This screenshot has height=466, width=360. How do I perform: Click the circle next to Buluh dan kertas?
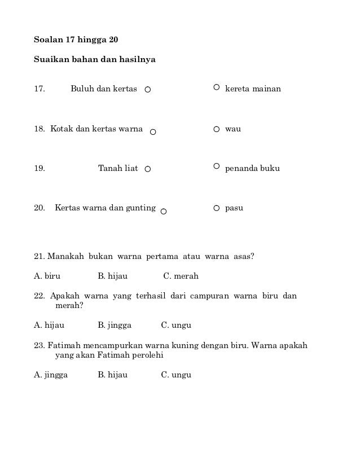pyautogui.click(x=148, y=90)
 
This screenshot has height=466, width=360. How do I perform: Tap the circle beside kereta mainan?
pyautogui.click(x=217, y=87)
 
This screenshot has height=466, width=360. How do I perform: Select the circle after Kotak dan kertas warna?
pyautogui.click(x=153, y=132)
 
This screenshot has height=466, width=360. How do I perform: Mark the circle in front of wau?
pyautogui.click(x=217, y=129)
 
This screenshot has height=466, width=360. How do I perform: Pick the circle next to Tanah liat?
pyautogui.click(x=148, y=169)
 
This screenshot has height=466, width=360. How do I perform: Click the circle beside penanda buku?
pyautogui.click(x=217, y=166)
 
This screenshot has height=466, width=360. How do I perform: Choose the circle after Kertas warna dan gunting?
pyautogui.click(x=164, y=212)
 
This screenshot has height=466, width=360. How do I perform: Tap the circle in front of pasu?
pyautogui.click(x=217, y=208)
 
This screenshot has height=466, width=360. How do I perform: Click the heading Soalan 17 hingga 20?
pyautogui.click(x=76, y=41)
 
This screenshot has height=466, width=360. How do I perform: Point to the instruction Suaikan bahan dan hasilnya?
pyautogui.click(x=95, y=59)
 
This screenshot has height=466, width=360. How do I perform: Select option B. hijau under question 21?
pyautogui.click(x=112, y=276)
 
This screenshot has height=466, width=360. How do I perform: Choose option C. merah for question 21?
pyautogui.click(x=181, y=276)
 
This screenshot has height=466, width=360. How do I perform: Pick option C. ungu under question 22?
pyautogui.click(x=176, y=326)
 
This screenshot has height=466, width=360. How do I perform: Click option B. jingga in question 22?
pyautogui.click(x=115, y=326)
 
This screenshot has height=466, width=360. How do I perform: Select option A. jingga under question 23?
pyautogui.click(x=51, y=375)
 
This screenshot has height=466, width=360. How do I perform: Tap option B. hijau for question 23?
pyautogui.click(x=112, y=375)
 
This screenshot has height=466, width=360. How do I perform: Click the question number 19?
pyautogui.click(x=39, y=169)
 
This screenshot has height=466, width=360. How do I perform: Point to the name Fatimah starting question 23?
pyautogui.click(x=65, y=345)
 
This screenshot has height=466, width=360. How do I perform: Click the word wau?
pyautogui.click(x=233, y=129)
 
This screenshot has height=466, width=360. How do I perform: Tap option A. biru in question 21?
pyautogui.click(x=47, y=276)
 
